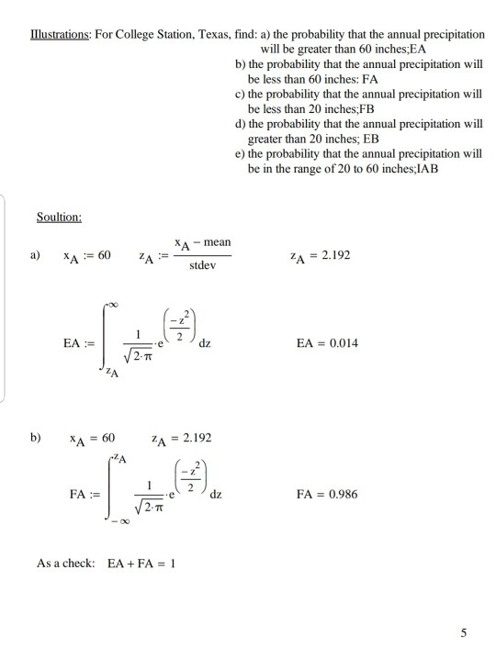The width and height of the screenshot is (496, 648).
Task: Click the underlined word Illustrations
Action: tap(53, 34)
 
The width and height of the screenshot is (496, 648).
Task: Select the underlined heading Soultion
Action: tap(60, 218)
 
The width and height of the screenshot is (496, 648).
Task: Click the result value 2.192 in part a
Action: tap(334, 254)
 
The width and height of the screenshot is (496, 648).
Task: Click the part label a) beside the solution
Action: tap(36, 254)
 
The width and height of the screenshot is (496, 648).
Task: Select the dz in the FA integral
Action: tap(216, 495)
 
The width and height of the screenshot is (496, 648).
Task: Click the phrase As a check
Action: tap(67, 563)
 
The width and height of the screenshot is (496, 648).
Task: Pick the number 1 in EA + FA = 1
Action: tap(172, 563)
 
